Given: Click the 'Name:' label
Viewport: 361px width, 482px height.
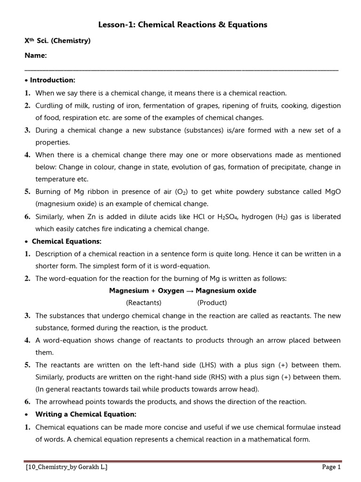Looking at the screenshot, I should [x=36, y=56].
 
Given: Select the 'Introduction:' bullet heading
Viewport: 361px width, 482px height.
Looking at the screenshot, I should [x=59, y=80].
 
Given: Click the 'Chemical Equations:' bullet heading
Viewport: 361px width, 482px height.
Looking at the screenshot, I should [x=66, y=241].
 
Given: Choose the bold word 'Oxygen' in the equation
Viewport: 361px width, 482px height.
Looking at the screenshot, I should [x=171, y=291].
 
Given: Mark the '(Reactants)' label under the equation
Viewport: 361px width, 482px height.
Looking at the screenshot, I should [x=144, y=303].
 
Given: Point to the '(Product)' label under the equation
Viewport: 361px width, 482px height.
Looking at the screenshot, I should [x=212, y=303].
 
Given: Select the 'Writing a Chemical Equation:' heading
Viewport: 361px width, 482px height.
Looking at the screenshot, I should [x=86, y=414].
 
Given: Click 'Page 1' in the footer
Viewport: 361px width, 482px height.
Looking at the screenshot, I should [x=331, y=467].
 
